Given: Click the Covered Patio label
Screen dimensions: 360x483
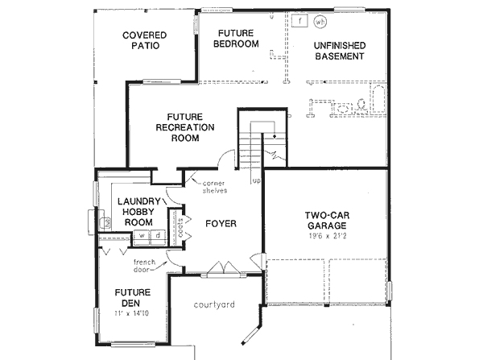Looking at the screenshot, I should [144, 40].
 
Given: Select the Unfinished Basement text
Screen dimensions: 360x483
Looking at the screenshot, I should [338, 50].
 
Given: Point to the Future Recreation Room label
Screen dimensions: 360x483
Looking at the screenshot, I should [184, 126].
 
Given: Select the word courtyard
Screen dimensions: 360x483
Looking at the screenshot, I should [214, 304].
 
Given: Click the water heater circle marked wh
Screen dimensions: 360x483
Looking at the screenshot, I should [320, 22].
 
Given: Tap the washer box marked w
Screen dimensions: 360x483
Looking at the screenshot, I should [143, 235].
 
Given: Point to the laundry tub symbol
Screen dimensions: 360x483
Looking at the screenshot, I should [104, 220].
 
